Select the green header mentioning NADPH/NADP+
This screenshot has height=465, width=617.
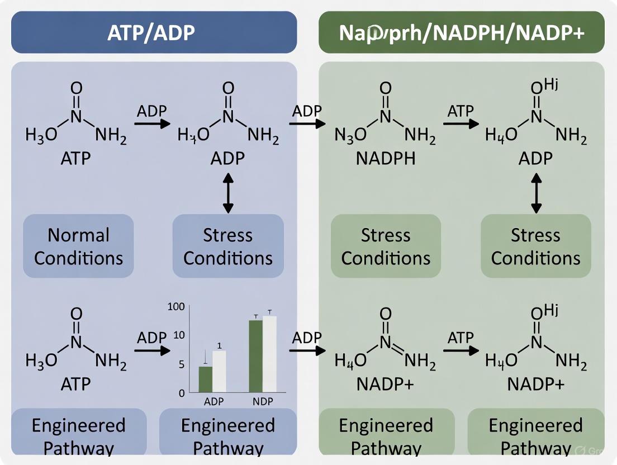[461, 32]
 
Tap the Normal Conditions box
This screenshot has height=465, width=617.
[78, 246]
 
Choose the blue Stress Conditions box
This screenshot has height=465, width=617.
[228, 246]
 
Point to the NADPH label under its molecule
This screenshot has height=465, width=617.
[386, 158]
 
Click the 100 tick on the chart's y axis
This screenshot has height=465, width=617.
[175, 307]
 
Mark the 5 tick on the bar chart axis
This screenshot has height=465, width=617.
[181, 364]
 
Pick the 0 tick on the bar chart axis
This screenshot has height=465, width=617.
[182, 393]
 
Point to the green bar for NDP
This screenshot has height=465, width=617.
[256, 356]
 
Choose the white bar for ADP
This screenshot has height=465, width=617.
[219, 371]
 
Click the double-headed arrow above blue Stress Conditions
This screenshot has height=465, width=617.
[228, 192]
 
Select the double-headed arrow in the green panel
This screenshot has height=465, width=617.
[536, 192]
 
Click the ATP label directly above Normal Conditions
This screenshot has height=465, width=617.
[75, 158]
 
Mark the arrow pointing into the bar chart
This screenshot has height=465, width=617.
[152, 351]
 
